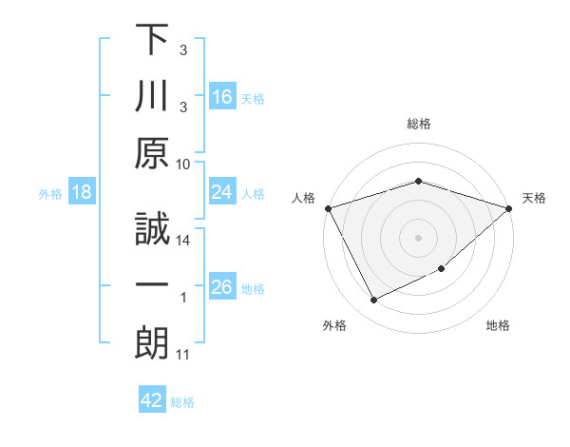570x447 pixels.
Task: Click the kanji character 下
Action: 152,41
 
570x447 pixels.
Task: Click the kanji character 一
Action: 152,285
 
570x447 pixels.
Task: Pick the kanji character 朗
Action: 152,342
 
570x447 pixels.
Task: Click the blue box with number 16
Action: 222,96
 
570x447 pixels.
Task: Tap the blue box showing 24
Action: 222,193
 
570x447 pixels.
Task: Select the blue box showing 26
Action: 222,288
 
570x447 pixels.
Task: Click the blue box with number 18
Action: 82,193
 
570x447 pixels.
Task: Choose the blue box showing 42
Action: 152,400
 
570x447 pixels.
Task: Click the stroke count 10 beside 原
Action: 183,164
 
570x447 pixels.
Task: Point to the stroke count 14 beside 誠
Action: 183,241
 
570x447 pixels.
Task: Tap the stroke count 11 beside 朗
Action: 183,355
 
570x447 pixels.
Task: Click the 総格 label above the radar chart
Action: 419,124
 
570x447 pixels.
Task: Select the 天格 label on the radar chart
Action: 535,198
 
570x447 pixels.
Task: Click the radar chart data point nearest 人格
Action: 329,208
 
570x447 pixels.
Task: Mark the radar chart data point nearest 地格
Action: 442,269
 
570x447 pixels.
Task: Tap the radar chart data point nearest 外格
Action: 373,301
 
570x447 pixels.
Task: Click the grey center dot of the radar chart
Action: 419,238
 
